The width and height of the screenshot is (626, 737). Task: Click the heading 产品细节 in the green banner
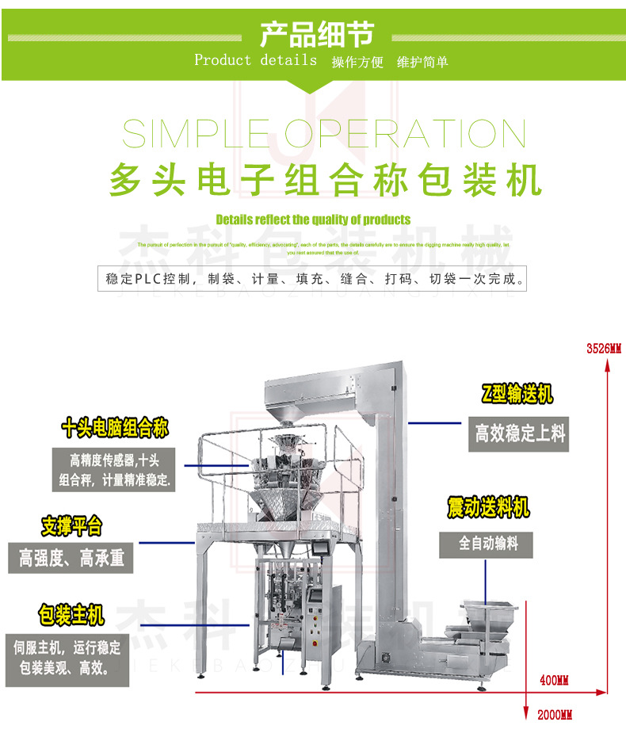[x=315, y=35]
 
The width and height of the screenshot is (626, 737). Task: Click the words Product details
[x=255, y=60]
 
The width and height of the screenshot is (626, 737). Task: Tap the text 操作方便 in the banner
[x=357, y=62]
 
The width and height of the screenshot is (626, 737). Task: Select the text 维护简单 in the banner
[x=422, y=62]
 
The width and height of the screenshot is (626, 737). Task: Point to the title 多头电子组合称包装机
[x=325, y=178]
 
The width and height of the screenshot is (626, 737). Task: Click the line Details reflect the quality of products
[x=313, y=220]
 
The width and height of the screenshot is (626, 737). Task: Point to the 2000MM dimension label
[x=555, y=716]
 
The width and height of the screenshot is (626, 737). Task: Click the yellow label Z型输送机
[x=517, y=394]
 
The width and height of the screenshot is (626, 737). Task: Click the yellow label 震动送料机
[x=488, y=507]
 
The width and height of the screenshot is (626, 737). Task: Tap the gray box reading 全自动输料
[x=485, y=544]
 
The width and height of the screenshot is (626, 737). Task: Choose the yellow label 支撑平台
[x=71, y=525]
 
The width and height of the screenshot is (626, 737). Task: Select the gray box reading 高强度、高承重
[x=71, y=558]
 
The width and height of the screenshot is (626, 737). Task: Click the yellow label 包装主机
[x=71, y=614]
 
